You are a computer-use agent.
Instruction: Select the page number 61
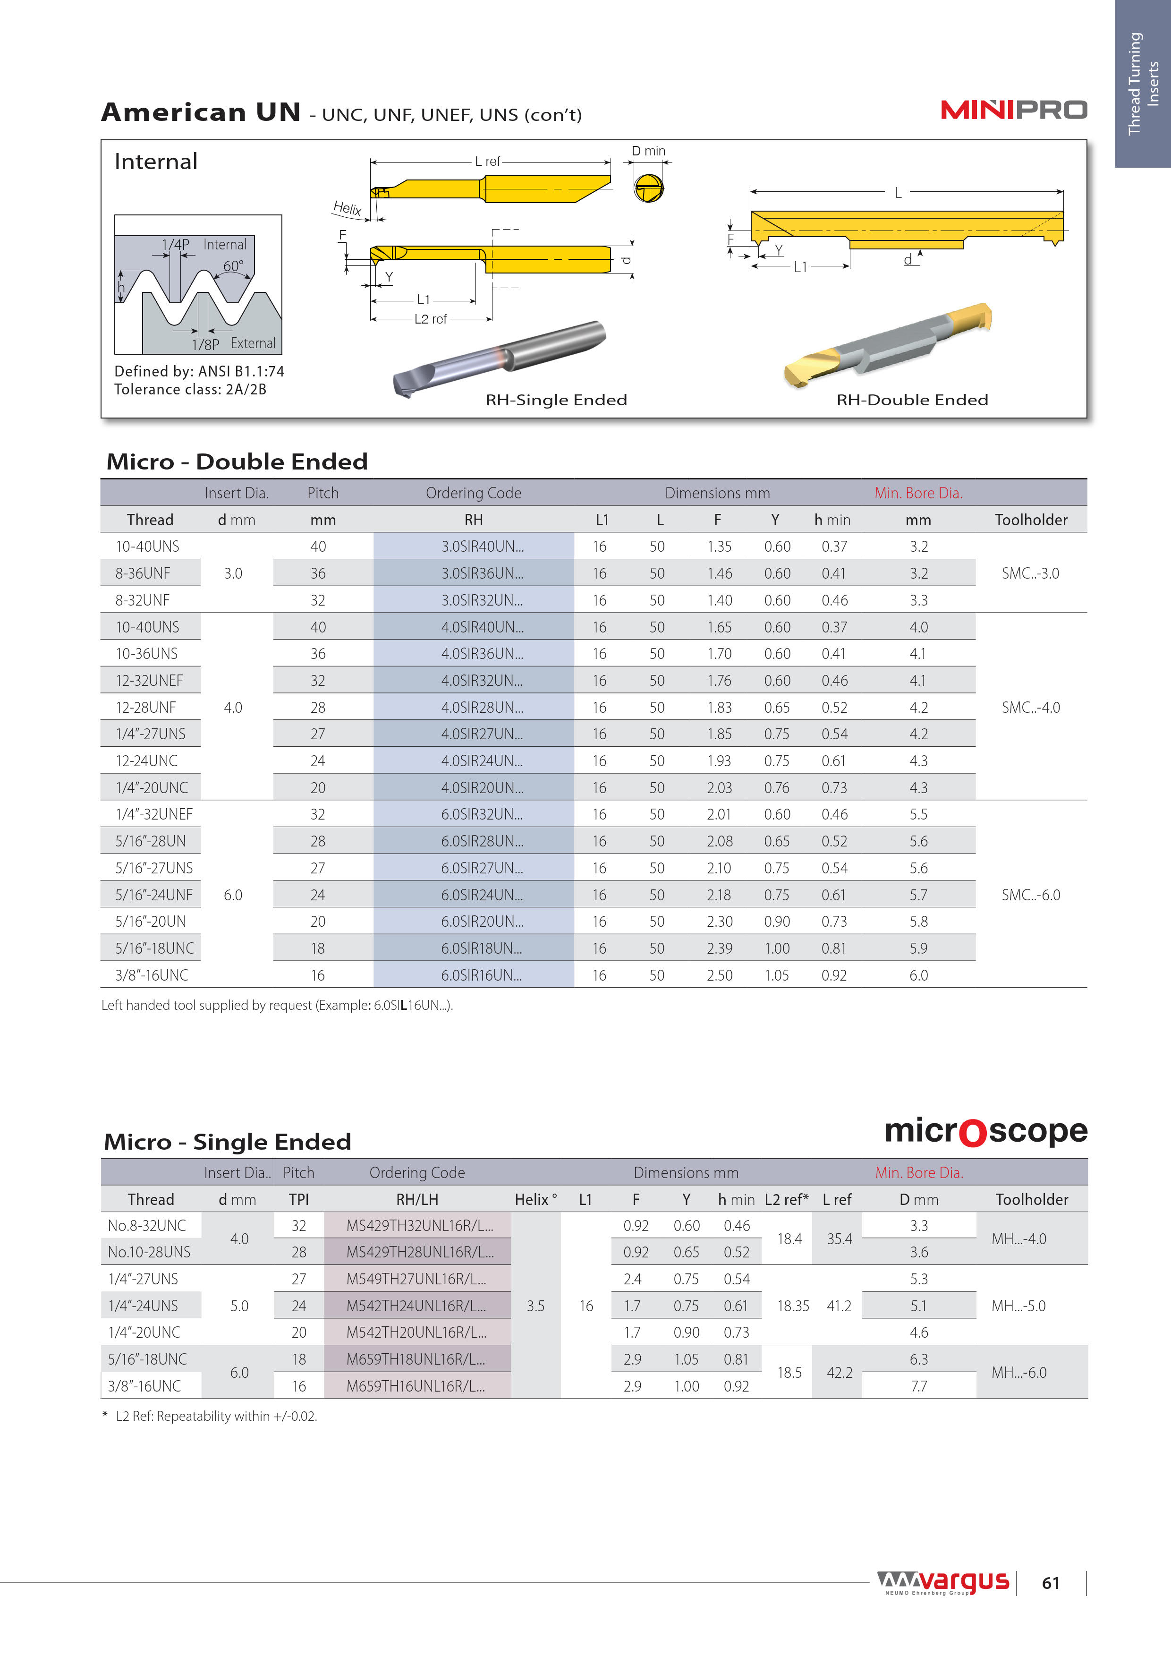(1051, 1583)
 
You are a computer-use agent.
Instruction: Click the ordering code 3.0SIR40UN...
(482, 547)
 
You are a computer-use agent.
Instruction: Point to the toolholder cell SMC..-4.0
(1030, 707)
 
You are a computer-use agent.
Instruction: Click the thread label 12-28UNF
(146, 707)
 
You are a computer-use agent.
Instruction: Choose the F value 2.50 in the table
(719, 975)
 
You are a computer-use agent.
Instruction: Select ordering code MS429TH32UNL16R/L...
(419, 1225)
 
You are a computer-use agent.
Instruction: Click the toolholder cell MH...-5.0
(1018, 1306)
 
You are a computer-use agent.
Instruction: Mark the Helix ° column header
(535, 1199)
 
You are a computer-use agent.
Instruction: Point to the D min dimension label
(648, 151)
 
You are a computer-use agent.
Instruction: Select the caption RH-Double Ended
(912, 400)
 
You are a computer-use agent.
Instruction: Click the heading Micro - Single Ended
(227, 1142)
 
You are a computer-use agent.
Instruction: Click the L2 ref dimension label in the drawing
(430, 319)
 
